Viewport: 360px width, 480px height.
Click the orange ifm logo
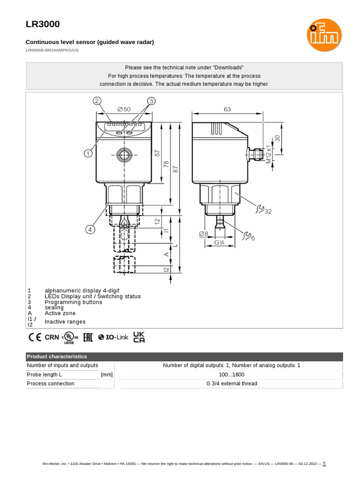pyautogui.click(x=324, y=35)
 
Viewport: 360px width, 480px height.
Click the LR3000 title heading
pyautogui.click(x=42, y=24)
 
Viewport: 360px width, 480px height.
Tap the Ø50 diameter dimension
pyautogui.click(x=124, y=109)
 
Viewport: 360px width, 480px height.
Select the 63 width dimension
pyautogui.click(x=227, y=109)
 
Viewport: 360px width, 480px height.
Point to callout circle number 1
pyautogui.click(x=88, y=153)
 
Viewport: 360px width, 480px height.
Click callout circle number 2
pyautogui.click(x=97, y=101)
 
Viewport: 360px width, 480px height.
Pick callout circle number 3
pyautogui.click(x=151, y=101)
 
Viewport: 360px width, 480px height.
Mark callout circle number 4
pyautogui.click(x=90, y=229)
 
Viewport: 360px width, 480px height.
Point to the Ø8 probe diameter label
pyautogui.click(x=203, y=233)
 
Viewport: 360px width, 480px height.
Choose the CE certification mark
pyautogui.click(x=35, y=337)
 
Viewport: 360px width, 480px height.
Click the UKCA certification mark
pyautogui.click(x=139, y=337)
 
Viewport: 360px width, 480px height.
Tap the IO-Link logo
pyautogui.click(x=113, y=337)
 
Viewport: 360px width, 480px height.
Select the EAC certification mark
pyautogui.click(x=88, y=337)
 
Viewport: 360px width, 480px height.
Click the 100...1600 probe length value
pyautogui.click(x=232, y=375)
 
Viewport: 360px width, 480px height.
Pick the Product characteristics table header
pyautogui.click(x=57, y=357)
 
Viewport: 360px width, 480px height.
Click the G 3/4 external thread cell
pyautogui.click(x=232, y=383)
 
